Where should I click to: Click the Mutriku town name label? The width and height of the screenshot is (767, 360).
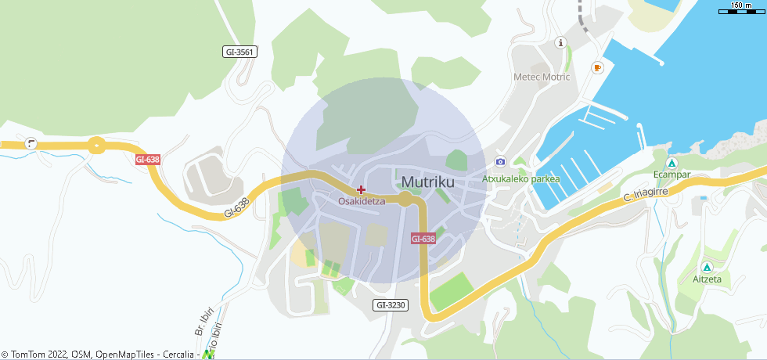pos(427,182)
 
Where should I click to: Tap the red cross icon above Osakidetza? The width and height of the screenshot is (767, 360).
pos(361,189)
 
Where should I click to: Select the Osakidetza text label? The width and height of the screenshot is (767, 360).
pos(362,201)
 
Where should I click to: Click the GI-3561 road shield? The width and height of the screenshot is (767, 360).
pos(239,52)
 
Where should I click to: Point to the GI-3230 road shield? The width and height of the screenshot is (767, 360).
pos(391,304)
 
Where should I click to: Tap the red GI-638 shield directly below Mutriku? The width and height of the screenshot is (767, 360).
pos(423,239)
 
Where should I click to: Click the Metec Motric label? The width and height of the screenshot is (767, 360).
pos(542,77)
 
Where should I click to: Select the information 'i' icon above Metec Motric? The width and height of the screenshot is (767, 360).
pos(560,42)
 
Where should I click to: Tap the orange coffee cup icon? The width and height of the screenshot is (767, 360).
pos(598,68)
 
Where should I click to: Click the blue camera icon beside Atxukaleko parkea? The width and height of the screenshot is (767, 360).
pos(500,161)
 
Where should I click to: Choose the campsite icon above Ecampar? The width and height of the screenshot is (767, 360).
pos(672,163)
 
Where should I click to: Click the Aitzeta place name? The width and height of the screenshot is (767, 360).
pos(708,279)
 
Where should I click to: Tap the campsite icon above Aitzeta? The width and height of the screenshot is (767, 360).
pos(708,267)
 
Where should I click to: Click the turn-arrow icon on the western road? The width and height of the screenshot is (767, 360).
pos(31,143)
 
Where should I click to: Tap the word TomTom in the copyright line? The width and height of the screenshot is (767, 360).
pos(30,355)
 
